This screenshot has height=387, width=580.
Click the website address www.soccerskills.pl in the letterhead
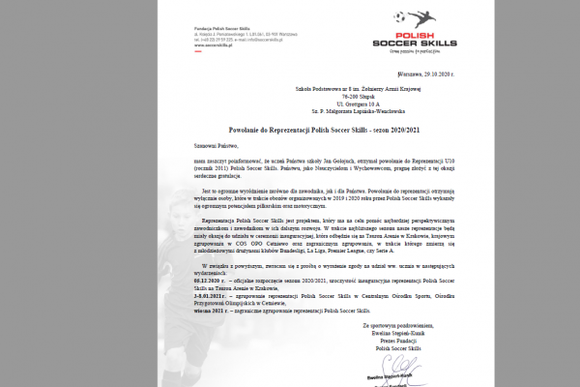[198, 44]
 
